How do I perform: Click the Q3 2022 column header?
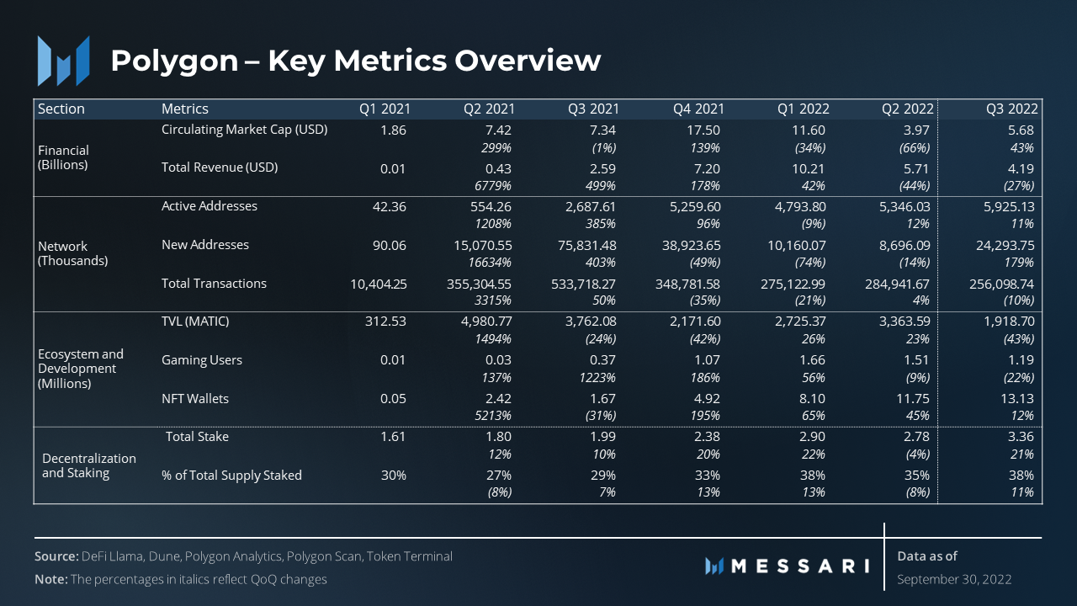[1012, 109]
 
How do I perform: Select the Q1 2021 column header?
[385, 109]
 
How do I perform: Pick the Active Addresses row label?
[210, 206]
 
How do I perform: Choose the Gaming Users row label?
[202, 360]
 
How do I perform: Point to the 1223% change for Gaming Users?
[597, 378]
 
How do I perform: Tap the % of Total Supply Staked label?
[231, 476]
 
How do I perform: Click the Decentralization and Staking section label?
[89, 465]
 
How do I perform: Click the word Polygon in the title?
[174, 61]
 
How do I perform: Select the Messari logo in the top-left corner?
[64, 61]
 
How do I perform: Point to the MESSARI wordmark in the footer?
[787, 566]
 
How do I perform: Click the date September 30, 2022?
[954, 579]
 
